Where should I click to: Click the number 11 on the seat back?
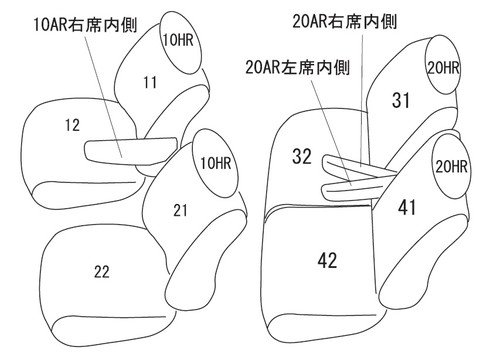[150, 82]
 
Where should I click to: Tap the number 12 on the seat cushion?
[72, 125]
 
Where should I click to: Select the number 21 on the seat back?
[180, 210]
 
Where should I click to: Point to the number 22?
[102, 272]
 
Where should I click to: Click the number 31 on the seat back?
[401, 100]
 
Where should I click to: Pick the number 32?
[302, 156]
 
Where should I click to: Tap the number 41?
[407, 207]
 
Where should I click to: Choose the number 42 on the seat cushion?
[327, 260]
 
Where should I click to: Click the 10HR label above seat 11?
[178, 40]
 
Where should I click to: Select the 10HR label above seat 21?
[216, 163]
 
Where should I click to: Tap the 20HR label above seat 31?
[443, 68]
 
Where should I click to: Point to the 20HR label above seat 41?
[451, 166]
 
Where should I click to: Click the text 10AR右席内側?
[85, 25]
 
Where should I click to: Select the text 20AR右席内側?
[345, 22]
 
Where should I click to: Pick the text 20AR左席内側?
[298, 67]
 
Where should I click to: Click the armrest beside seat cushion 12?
[130, 152]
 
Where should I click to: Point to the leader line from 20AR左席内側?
[331, 131]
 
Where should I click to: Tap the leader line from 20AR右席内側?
[362, 98]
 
